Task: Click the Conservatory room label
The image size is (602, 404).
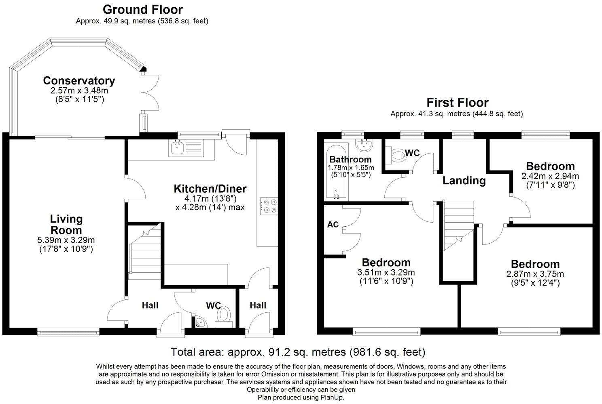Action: tap(79, 80)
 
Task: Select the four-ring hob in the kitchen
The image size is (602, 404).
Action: tap(269, 206)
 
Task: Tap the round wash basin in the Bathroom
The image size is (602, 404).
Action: tap(364, 145)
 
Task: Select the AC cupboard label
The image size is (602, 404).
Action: tap(333, 224)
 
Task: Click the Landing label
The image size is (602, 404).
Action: tap(464, 181)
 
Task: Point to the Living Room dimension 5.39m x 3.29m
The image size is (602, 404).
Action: tap(66, 240)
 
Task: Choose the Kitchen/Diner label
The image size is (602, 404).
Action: tap(210, 189)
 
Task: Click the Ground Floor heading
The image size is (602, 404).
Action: tap(143, 10)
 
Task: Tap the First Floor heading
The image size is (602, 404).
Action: tap(458, 103)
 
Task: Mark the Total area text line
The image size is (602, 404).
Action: tap(298, 351)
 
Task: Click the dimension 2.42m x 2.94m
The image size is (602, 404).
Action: tap(550, 176)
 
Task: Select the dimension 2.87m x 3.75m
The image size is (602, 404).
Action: tap(535, 274)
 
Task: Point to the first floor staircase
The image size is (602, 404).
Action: tap(458, 226)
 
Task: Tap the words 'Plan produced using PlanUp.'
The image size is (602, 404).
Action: tap(301, 397)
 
